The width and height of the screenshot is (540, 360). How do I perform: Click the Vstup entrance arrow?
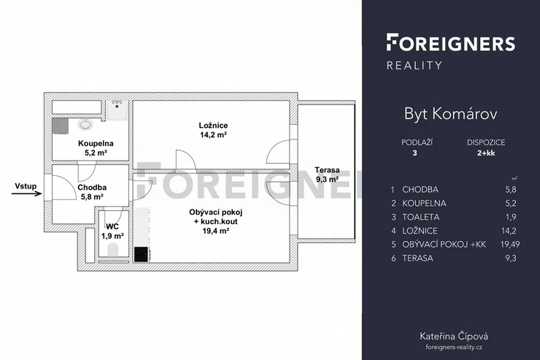26,194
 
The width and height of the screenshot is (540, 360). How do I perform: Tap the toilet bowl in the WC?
113,250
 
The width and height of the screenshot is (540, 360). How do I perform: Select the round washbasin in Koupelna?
85,124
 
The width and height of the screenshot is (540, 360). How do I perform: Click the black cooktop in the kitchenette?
141,254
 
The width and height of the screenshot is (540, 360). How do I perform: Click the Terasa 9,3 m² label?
327,175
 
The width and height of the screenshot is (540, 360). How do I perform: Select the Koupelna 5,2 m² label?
96,148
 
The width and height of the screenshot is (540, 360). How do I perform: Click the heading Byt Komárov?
450,115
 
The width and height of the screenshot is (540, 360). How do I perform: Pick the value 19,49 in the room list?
510,244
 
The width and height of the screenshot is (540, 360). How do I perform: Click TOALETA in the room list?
420,217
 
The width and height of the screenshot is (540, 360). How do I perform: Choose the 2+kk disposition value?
486,153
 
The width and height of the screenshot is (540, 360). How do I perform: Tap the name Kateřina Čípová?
454,336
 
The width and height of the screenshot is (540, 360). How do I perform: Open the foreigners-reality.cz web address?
454,348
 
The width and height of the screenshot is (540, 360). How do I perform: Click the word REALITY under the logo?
414,66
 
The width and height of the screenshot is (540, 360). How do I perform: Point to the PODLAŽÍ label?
417,142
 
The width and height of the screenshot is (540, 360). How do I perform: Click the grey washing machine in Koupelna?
61,126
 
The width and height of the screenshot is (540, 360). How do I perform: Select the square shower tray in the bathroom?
117,110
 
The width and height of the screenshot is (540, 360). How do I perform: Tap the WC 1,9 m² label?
112,231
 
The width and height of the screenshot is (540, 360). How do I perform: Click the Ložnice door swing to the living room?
185,161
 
